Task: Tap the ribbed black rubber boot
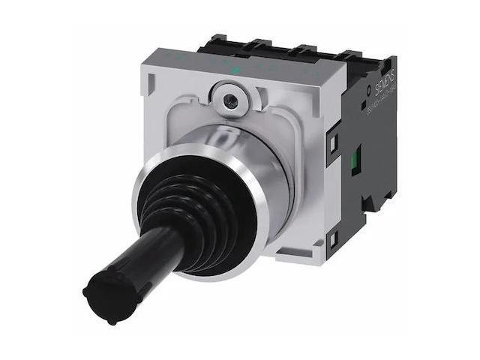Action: click(x=197, y=206)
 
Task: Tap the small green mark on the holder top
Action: click(x=236, y=71)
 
